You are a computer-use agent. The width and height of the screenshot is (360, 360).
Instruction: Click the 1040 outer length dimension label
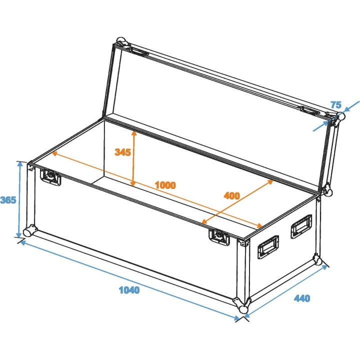pyautogui.click(x=129, y=289)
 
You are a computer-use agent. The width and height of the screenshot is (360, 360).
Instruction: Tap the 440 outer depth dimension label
pyautogui.click(x=302, y=298)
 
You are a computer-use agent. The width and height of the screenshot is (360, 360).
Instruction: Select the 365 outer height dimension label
pyautogui.click(x=8, y=200)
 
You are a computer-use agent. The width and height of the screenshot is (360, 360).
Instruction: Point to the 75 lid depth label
pyautogui.click(x=336, y=105)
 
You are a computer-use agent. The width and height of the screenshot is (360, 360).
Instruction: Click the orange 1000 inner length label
pyautogui.click(x=165, y=185)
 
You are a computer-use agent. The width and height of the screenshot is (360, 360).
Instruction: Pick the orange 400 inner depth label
pyautogui.click(x=231, y=195)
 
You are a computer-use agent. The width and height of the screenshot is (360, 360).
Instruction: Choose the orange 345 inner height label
pyautogui.click(x=122, y=152)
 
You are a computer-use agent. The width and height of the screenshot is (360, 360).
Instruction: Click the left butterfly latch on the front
pyautogui.click(x=50, y=176)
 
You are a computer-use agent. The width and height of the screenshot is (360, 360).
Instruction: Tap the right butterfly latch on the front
pyautogui.click(x=219, y=236)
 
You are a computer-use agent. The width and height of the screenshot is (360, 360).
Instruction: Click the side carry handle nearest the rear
pyautogui.click(x=301, y=226)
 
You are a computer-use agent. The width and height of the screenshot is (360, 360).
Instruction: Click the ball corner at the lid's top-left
pyautogui.click(x=120, y=41)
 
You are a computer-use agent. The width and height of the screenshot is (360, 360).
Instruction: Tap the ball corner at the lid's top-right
pyautogui.click(x=339, y=118)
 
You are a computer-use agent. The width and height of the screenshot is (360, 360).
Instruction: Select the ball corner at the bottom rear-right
pyautogui.click(x=317, y=259)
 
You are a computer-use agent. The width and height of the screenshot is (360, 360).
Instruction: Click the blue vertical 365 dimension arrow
pyautogui.click(x=20, y=199)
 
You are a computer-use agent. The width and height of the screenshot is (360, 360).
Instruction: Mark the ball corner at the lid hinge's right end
pyautogui.click(x=327, y=189)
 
